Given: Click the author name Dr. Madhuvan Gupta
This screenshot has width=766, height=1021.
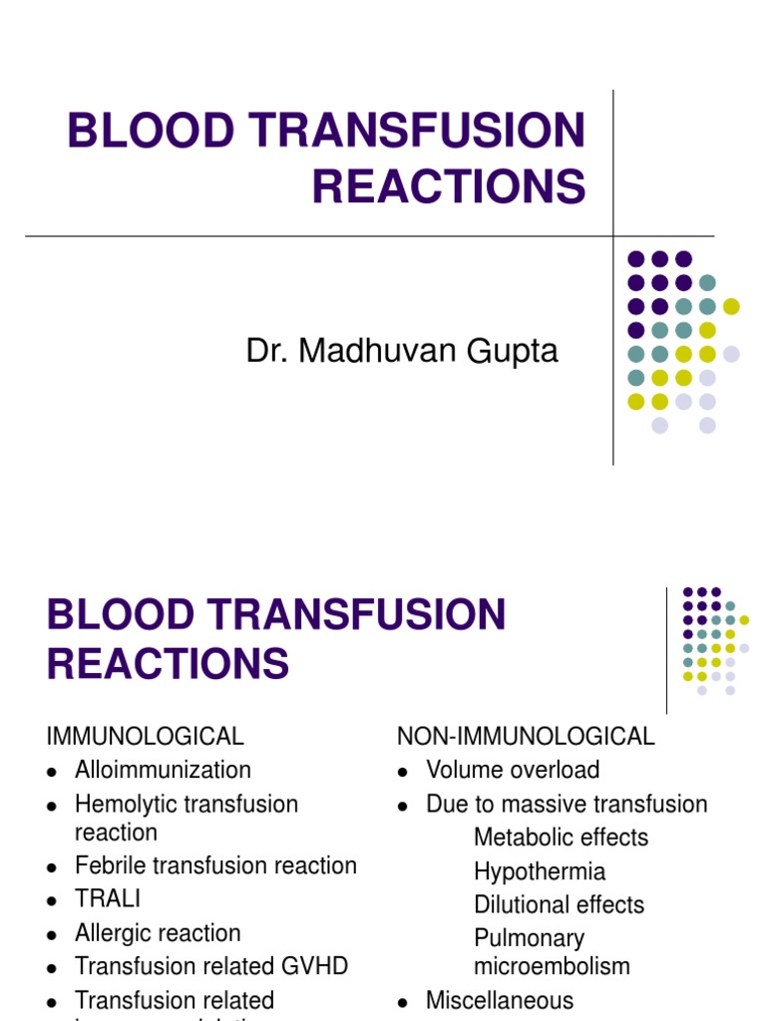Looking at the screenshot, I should [402, 351].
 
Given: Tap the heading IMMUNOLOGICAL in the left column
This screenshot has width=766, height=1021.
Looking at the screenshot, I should [145, 737].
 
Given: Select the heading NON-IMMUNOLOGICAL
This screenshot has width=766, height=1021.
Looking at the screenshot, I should [526, 737].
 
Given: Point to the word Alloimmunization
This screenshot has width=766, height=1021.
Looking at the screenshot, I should [163, 770].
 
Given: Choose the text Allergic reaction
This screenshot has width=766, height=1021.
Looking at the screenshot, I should [158, 933].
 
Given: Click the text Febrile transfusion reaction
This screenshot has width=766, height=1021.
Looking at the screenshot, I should [215, 865].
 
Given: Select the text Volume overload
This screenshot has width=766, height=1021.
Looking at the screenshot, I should [513, 770].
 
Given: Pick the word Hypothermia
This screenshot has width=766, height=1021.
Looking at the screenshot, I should [540, 871].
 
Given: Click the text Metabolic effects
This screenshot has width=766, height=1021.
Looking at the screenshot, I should [561, 838].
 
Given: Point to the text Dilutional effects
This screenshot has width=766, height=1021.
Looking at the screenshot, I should [559, 905].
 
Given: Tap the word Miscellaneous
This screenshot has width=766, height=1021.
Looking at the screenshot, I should [500, 1000].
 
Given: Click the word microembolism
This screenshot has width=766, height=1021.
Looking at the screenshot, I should [552, 965].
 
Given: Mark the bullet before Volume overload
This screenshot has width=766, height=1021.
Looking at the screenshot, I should [403, 772].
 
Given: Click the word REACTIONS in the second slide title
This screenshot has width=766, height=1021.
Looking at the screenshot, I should [168, 663].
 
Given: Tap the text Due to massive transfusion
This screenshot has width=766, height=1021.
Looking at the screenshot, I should [567, 804].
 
